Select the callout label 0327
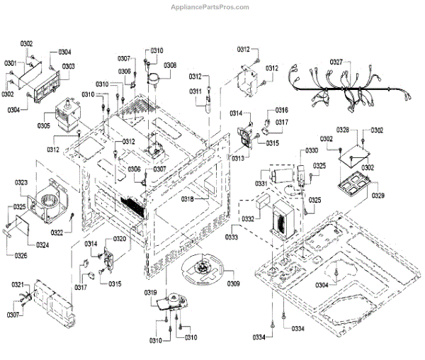(x=336, y=62)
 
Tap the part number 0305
(x=44, y=126)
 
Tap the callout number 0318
(x=187, y=199)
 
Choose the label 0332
(x=248, y=220)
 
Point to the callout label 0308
(x=170, y=65)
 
